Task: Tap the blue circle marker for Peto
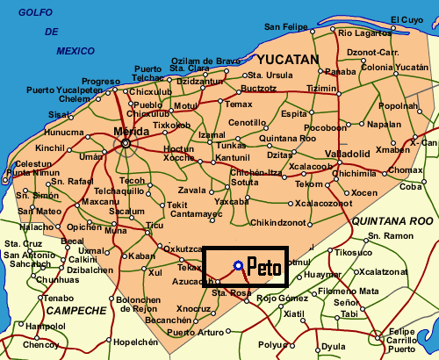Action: point(238,265)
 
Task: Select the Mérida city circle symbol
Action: point(126,142)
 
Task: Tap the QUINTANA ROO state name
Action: point(392,221)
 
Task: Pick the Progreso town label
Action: point(100,81)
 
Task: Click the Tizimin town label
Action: point(321,89)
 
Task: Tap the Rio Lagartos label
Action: point(362,32)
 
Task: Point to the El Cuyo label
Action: point(407,18)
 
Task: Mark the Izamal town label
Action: point(212,134)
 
